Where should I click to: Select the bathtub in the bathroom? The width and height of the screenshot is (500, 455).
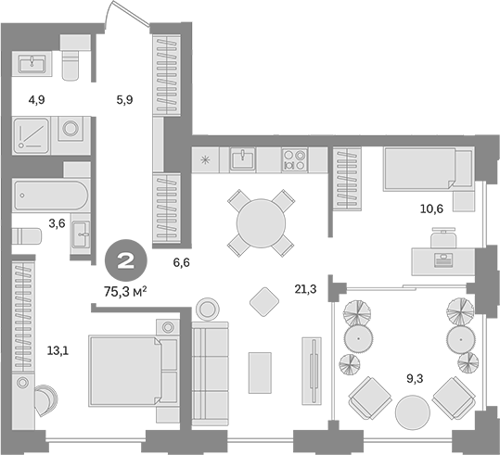52,196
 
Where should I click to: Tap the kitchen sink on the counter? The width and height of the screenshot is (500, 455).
243,159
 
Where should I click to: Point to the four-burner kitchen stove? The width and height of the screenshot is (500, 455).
294,159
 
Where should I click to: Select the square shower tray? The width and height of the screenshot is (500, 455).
33,136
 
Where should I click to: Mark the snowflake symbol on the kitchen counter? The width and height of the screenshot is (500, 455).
206,159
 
